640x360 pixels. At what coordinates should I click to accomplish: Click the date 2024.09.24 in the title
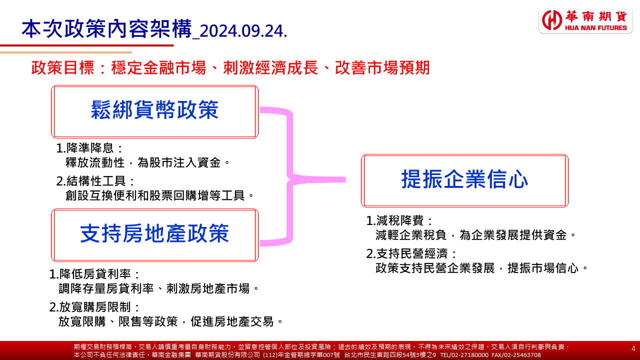pos(243,31)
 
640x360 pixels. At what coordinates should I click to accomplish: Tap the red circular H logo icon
pos(552,20)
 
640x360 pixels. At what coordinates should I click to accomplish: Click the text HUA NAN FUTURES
pos(596,28)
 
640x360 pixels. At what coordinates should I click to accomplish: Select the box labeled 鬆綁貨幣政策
pos(154,111)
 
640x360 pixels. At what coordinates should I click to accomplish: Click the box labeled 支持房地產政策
pos(154,235)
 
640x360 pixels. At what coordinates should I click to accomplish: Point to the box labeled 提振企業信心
pos(464,180)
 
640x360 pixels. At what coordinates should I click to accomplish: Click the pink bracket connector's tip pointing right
pos(345,179)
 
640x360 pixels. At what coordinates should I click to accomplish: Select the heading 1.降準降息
pos(89,148)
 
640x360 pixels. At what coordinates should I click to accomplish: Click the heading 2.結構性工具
pos(95,181)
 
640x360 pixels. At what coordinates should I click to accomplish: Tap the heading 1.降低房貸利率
pos(94,274)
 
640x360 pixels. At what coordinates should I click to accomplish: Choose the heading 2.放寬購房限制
pos(94,307)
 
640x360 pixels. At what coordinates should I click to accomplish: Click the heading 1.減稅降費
pos(399,220)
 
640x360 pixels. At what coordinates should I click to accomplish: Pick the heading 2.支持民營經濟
pos(411,253)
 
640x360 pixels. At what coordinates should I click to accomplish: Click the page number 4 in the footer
pos(633,348)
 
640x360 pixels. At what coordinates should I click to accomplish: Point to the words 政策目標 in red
pos(62,67)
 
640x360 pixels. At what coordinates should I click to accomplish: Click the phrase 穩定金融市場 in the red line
pos(158,67)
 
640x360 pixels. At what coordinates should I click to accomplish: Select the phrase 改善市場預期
pos(382,67)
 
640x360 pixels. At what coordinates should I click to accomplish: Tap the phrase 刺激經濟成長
pos(270,67)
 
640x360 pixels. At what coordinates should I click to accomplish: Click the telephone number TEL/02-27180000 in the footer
pos(464,355)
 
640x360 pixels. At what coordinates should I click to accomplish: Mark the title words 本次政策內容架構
pos(106,29)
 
